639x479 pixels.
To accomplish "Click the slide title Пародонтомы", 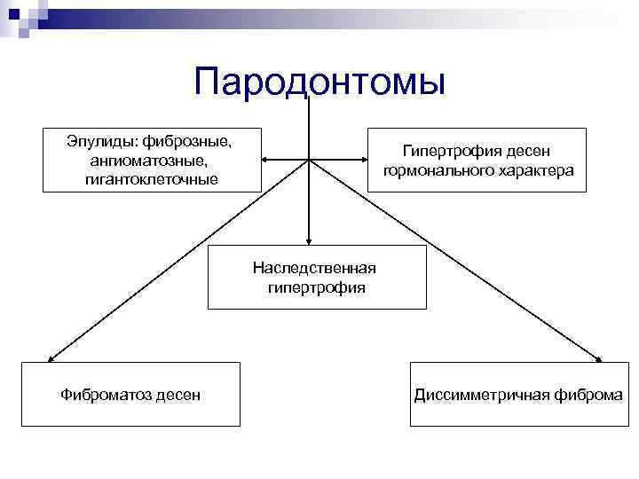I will click(x=319, y=82).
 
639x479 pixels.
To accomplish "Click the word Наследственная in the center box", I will click(x=314, y=268).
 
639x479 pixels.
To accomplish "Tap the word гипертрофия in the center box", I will click(x=315, y=287).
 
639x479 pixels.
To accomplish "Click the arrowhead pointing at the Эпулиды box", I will click(x=268, y=161).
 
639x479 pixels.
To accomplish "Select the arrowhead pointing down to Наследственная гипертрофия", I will click(x=309, y=239).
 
